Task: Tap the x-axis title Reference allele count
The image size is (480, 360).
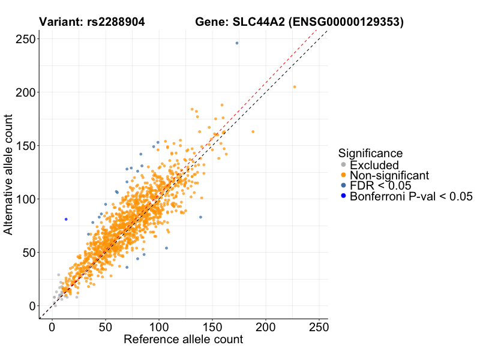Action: (x=183, y=340)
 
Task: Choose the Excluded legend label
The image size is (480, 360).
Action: (x=374, y=165)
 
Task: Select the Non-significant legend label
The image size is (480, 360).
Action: (x=389, y=175)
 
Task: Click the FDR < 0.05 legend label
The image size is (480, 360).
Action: (x=380, y=185)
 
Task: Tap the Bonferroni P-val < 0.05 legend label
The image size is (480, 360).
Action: (x=412, y=196)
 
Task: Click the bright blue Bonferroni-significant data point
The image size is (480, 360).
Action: (x=66, y=219)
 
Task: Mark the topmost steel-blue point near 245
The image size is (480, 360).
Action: (x=237, y=43)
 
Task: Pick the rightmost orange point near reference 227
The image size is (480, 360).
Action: (x=295, y=87)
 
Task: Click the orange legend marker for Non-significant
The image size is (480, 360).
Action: (x=343, y=175)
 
